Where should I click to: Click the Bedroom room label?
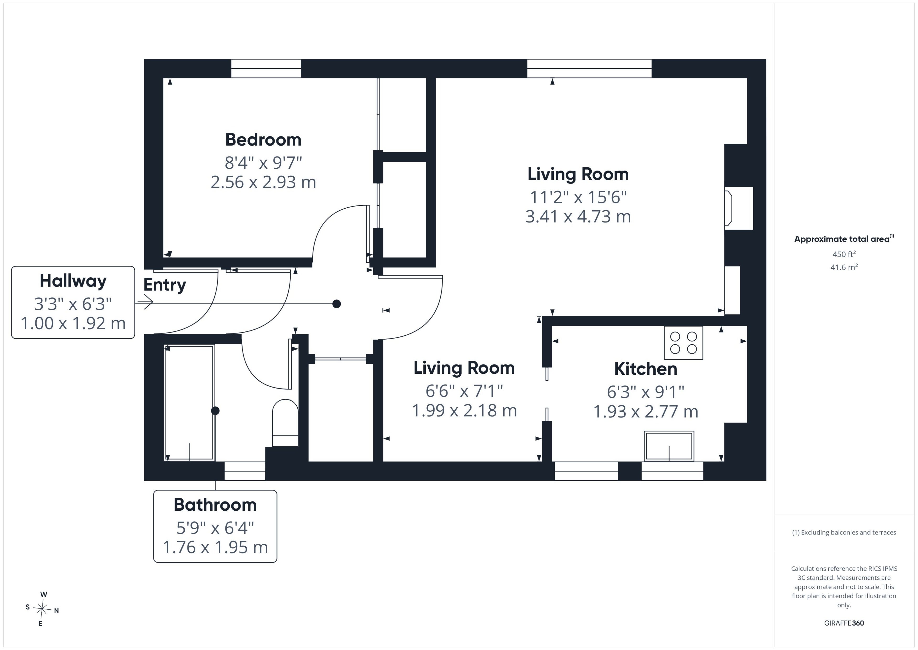tap(263, 140)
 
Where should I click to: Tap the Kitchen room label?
tap(645, 369)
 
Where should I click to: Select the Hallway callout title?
tap(73, 281)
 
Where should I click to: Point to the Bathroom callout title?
tap(215, 505)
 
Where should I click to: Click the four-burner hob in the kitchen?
tap(683, 343)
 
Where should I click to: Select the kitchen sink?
tap(669, 446)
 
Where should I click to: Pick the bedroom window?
tap(266, 68)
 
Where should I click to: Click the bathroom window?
tap(245, 471)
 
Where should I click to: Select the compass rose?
tap(42, 609)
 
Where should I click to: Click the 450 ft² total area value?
tap(844, 254)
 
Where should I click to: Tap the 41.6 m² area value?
tap(844, 267)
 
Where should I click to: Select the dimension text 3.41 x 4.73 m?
tap(578, 216)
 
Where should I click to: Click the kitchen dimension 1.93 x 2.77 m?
tap(645, 412)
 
